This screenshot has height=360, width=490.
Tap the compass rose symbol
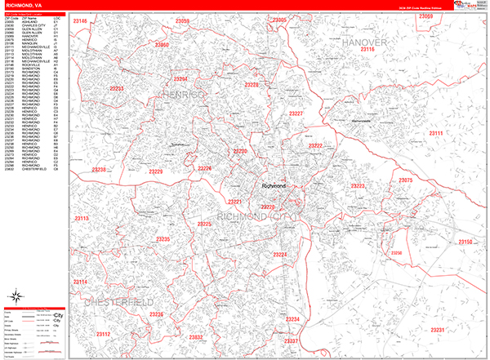(16, 296)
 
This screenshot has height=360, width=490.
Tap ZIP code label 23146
(79, 20)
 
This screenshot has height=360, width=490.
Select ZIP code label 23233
(117, 88)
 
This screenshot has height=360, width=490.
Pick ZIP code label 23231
(438, 330)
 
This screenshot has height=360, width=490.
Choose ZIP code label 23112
(104, 334)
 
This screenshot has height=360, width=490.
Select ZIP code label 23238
(99, 170)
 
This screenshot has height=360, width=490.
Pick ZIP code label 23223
(357, 187)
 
